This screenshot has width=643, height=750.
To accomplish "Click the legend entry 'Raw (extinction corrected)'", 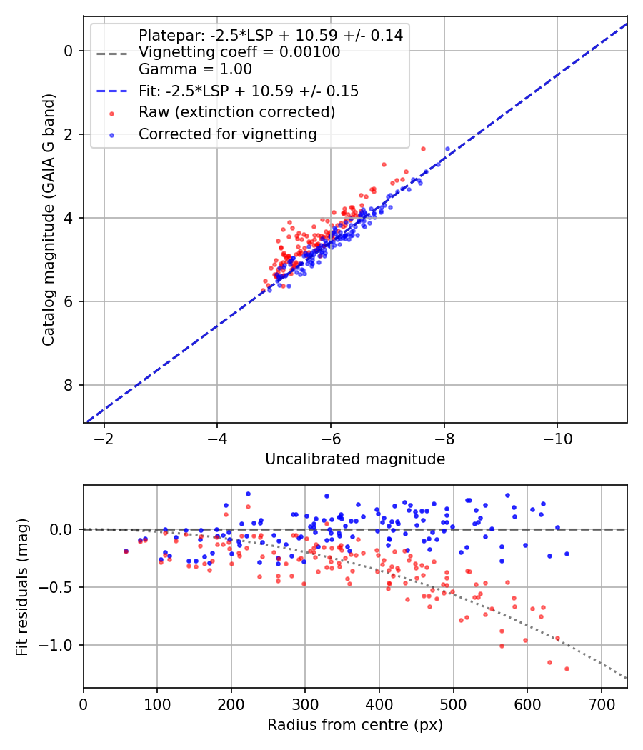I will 236,112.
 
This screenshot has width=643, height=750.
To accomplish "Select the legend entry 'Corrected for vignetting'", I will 227,134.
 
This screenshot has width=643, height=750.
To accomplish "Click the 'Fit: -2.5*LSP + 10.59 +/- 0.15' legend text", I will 248,91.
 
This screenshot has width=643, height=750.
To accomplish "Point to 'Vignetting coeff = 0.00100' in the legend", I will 239,52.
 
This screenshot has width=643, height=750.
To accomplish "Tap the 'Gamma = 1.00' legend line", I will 195,69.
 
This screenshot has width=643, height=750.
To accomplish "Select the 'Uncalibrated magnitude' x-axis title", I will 355,459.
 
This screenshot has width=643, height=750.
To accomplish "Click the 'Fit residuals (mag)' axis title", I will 22,586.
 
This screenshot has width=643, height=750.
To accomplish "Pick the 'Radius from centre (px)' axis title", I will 355,725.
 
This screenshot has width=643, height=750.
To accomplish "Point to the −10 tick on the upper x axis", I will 557,439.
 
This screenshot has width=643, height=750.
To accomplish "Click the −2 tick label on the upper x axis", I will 104,439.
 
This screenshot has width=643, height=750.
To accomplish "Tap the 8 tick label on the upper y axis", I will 69,385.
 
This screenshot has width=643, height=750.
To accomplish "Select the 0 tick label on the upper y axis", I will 69,51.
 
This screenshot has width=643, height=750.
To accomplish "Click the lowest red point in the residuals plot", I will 567,669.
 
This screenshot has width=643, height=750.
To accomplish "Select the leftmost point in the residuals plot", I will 126,551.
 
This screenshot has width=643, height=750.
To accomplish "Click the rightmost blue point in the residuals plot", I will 567,554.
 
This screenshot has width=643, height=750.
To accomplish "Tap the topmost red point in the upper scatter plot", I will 423,149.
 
